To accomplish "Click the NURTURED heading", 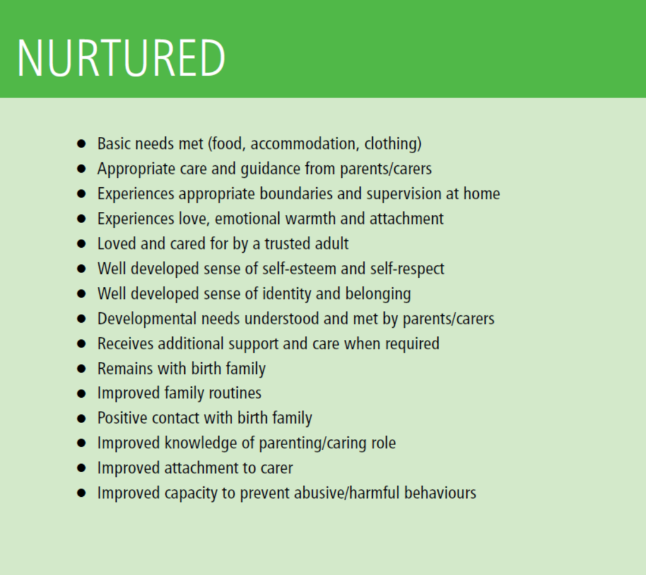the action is pyautogui.click(x=121, y=57).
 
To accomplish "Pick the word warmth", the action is pyautogui.click(x=310, y=219).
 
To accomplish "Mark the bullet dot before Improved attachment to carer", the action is pyautogui.click(x=81, y=468).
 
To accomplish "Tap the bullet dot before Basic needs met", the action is pyautogui.click(x=81, y=144).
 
